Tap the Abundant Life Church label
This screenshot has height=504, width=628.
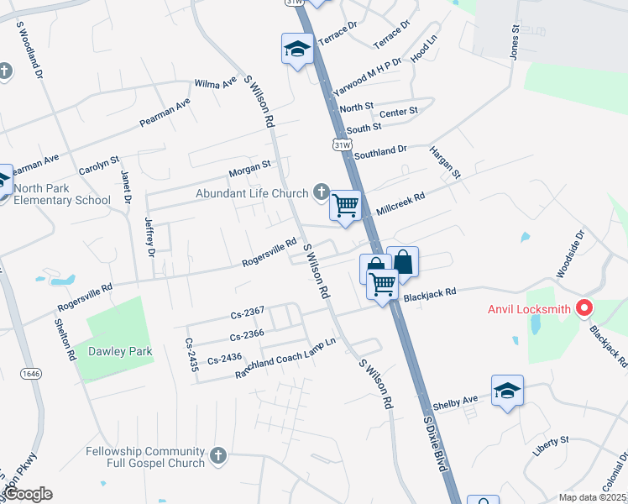252,193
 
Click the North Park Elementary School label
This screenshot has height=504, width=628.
63,193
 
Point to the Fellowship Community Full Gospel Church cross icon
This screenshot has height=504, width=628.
218,456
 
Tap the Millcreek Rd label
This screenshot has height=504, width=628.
401,204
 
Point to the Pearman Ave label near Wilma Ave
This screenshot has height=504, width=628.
165,113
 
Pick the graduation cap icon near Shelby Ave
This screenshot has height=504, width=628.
507,390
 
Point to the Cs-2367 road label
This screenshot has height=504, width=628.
248,313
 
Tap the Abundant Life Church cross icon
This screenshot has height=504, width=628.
320,193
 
